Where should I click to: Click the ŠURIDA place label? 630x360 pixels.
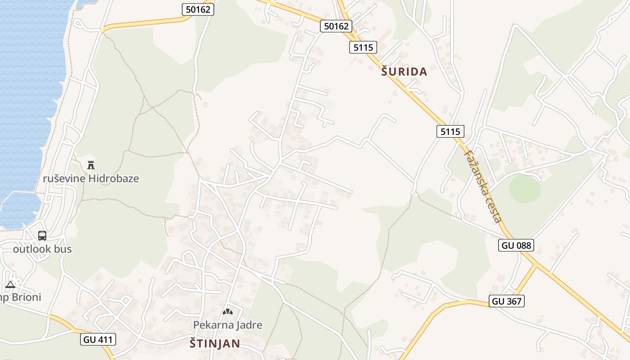(404, 72)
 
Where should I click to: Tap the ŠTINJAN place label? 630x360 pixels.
(214, 344)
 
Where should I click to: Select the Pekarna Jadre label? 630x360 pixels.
(228, 325)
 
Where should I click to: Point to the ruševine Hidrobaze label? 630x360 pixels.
(91, 179)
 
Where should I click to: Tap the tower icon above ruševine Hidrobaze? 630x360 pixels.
(91, 165)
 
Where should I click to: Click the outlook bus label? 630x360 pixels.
(42, 249)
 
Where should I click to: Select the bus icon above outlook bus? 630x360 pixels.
(42, 236)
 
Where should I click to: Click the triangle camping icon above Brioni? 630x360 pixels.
(10, 284)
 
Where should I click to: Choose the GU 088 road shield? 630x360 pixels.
(516, 245)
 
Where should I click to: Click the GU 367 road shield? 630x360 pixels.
(507, 301)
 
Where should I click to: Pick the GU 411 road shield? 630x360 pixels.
(99, 339)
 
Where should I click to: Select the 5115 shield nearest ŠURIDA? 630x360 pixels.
(363, 47)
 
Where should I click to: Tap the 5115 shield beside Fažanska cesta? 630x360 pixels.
(450, 131)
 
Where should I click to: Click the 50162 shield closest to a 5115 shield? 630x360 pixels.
(336, 26)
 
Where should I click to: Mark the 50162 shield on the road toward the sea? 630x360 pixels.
(198, 9)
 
